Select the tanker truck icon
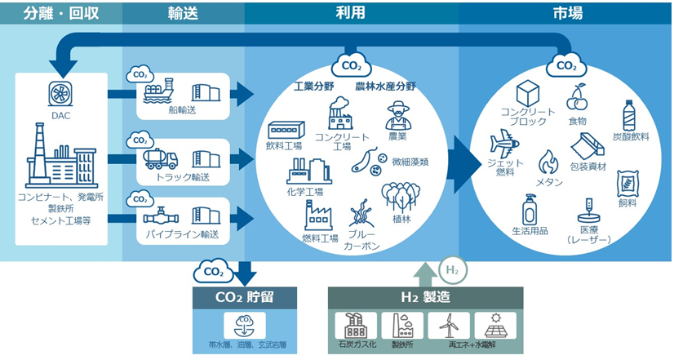point(160,158)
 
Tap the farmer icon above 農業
point(397,115)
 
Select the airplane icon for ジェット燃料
point(504,145)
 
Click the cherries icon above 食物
point(578,97)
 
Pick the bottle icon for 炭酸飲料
point(629,114)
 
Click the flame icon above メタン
point(548,161)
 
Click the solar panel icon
point(494,325)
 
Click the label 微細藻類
point(410,162)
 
